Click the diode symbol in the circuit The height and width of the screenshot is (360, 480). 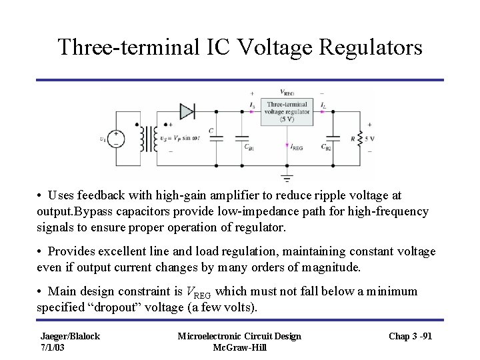(x=187, y=111)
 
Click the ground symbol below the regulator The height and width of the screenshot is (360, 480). (x=287, y=177)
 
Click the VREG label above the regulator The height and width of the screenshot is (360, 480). (x=288, y=93)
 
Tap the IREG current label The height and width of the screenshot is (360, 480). (x=297, y=147)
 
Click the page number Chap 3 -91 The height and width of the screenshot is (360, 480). (x=410, y=336)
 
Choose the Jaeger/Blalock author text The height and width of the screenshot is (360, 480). (x=70, y=336)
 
